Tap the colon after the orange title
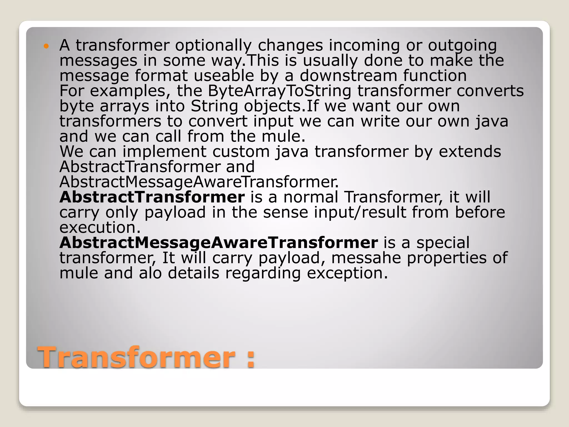tap(250, 359)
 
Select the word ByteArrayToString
tap(279, 91)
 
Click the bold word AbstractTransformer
tap(152, 197)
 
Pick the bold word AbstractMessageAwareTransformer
tap(219, 243)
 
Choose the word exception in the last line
tap(347, 273)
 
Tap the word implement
tap(164, 152)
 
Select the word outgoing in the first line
tap(462, 46)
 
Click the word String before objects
tap(214, 106)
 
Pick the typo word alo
tap(150, 273)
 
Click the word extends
tap(470, 152)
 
